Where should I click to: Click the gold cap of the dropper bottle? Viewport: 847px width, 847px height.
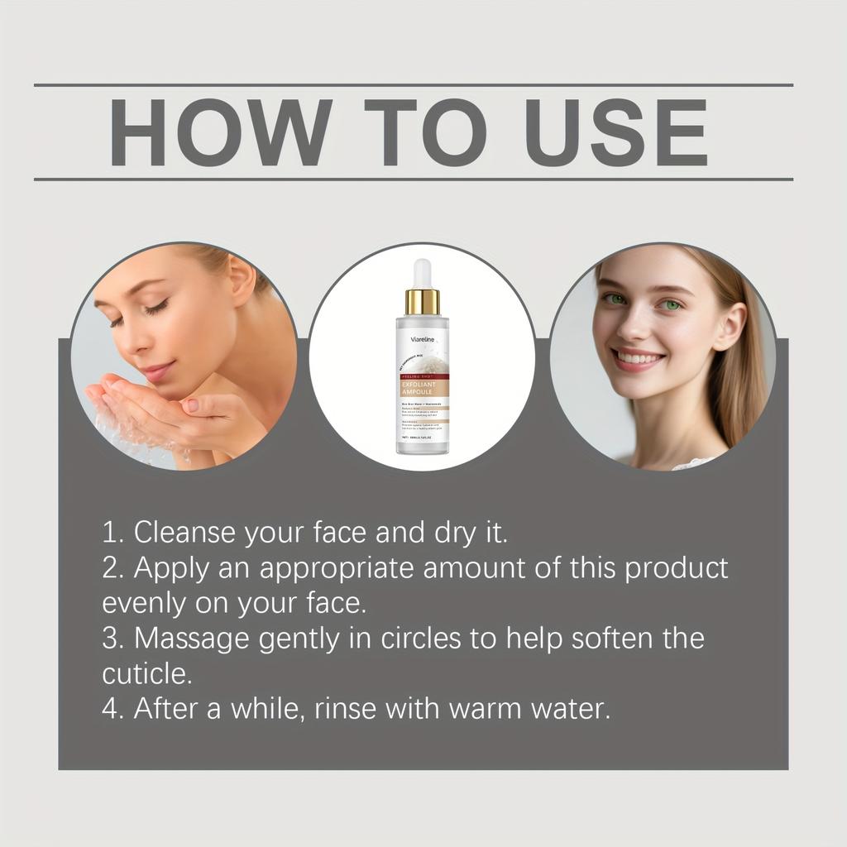[422, 302]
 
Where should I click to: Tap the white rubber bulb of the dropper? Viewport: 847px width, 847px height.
[422, 274]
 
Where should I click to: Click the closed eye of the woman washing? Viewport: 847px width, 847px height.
[157, 307]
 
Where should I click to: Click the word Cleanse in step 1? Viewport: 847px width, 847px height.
[184, 532]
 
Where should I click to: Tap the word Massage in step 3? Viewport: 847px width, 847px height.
[185, 639]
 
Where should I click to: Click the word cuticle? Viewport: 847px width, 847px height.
[146, 673]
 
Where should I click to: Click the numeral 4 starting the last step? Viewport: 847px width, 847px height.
[111, 709]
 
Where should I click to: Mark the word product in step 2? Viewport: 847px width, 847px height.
[676, 569]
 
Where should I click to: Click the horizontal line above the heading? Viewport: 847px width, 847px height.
[414, 85]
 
